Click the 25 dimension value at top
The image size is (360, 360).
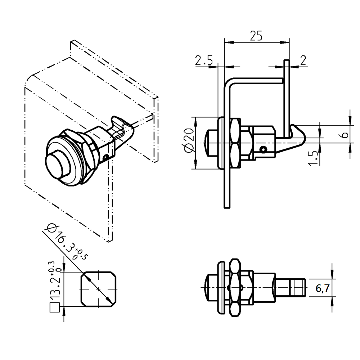(x=256, y=36)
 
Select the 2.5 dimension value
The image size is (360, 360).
(x=203, y=60)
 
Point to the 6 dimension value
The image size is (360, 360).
(x=344, y=135)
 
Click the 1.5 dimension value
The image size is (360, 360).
(x=314, y=158)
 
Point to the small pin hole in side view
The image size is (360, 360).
(x=264, y=149)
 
